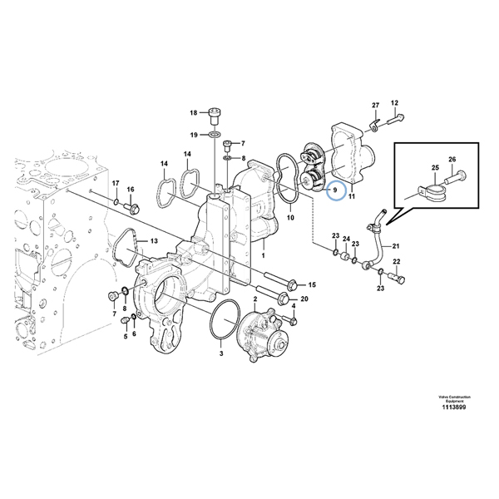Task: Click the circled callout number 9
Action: pyautogui.click(x=334, y=191)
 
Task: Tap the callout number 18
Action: pyautogui.click(x=193, y=112)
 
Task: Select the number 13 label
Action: pyautogui.click(x=152, y=241)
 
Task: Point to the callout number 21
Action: pyautogui.click(x=396, y=246)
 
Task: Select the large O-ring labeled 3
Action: pyautogui.click(x=222, y=322)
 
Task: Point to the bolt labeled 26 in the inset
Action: pyautogui.click(x=458, y=177)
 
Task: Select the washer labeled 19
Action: pyautogui.click(x=214, y=134)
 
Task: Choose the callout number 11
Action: pyautogui.click(x=351, y=198)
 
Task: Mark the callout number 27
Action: pyautogui.click(x=375, y=105)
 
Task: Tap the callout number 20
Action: pyautogui.click(x=304, y=299)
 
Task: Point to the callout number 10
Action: pyautogui.click(x=291, y=218)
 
